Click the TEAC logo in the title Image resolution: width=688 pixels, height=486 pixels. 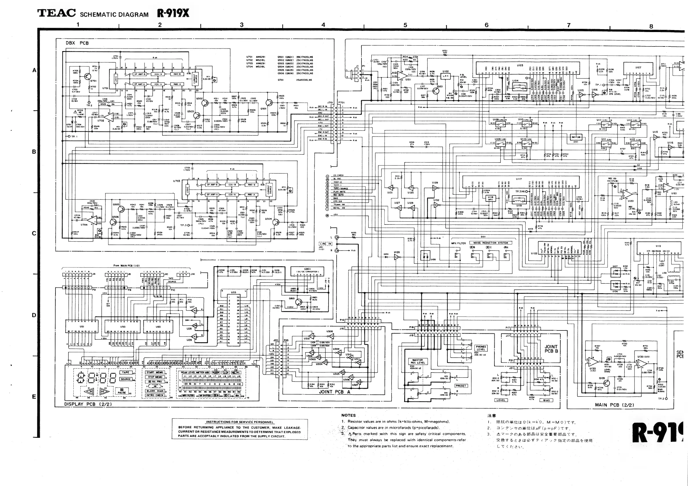point(56,14)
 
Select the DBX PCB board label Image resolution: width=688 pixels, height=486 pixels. point(77,43)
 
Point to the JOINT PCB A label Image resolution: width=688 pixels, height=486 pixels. point(334,392)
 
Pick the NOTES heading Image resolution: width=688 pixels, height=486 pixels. point(348,415)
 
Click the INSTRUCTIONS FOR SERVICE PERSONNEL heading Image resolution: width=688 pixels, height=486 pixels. point(240,422)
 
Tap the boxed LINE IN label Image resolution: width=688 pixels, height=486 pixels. point(325,244)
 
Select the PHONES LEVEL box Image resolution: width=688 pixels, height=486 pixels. point(481,348)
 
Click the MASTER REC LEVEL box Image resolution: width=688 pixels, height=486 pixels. point(418,362)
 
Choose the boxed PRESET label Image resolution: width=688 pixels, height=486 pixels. point(461,386)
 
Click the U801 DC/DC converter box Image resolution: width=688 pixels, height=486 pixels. point(307,272)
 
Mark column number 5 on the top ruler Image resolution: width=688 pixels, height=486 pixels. point(405,25)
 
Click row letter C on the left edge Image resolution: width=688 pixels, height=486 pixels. point(34,233)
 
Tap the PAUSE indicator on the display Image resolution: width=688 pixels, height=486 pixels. point(122,391)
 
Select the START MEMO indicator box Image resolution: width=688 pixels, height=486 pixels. point(155,373)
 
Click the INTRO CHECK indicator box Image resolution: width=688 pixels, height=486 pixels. point(155,395)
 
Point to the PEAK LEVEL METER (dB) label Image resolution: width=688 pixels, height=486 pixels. point(195,373)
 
